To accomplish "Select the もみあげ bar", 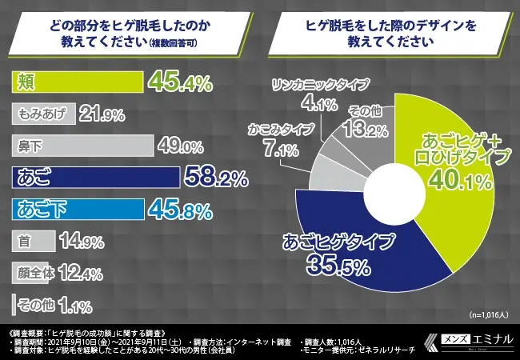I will click(44, 114).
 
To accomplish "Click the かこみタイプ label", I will click(279, 128).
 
